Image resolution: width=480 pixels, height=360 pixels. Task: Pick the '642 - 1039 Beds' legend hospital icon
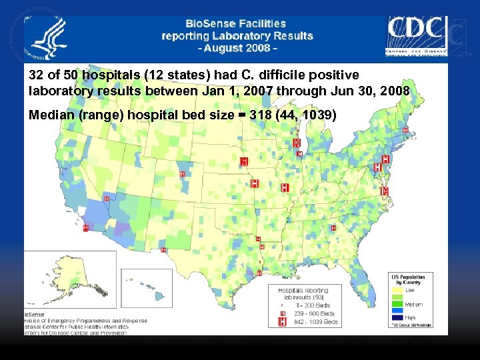(x=283, y=322)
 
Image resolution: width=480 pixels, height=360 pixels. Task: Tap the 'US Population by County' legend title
(x=408, y=279)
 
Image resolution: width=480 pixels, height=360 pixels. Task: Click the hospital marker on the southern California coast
(x=85, y=228)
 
